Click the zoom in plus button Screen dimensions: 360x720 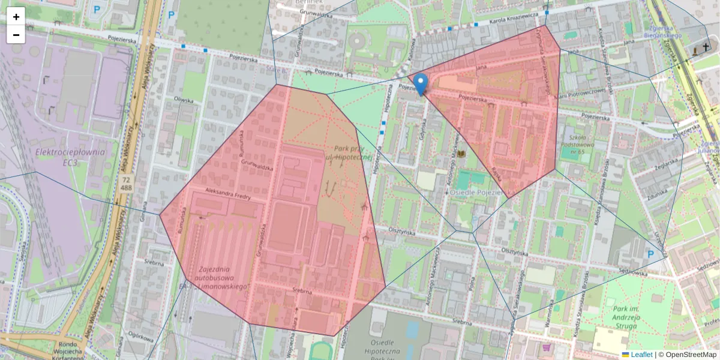click(16, 17)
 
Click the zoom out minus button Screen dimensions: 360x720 click(16, 35)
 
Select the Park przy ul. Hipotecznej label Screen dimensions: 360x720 click(350, 152)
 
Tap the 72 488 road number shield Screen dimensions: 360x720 click(126, 184)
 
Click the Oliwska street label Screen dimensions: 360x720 click(183, 100)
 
